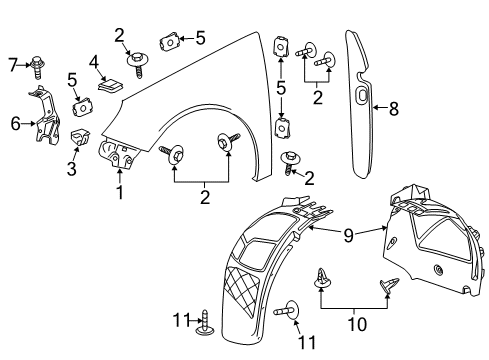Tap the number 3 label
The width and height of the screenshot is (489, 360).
[71, 170]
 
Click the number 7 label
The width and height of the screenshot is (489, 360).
[12, 66]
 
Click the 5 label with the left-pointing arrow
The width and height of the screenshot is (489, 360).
[200, 39]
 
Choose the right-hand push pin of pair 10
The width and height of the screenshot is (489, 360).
[386, 287]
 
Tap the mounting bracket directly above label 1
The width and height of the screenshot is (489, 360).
[118, 155]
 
